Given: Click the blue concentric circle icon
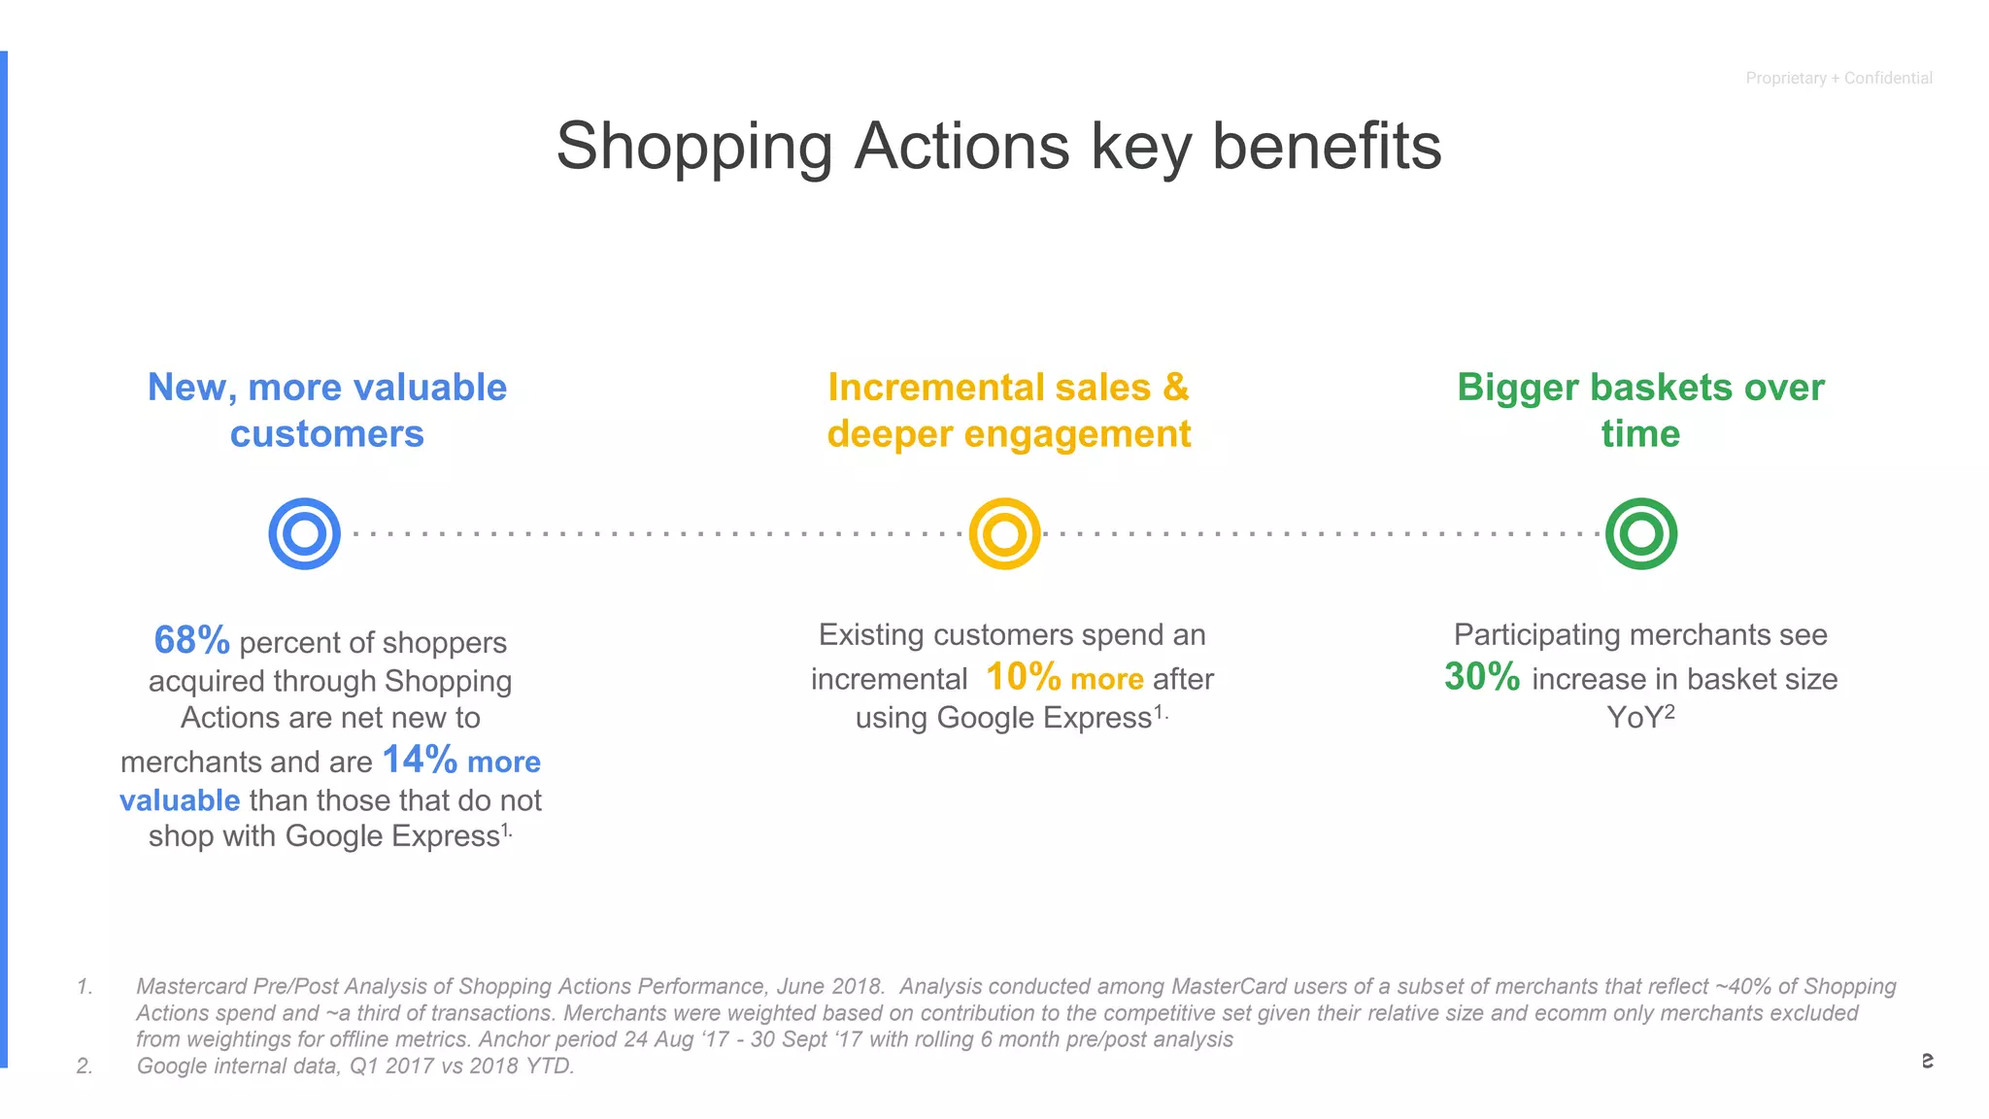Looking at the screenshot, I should pos(304,533).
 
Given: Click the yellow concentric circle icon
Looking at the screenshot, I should pos(1004,533).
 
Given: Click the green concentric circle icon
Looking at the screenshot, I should pos(1640,533).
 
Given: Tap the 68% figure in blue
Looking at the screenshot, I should pos(191,640).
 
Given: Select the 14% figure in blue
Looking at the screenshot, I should pos(420,760).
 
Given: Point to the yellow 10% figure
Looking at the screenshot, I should pos(1023,676).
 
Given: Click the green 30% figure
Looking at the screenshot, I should pos(1481,676).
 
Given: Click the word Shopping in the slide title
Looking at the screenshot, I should pos(693,147).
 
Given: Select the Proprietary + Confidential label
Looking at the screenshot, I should pos(1838,78).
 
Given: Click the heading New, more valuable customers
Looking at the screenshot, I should pos(327,410).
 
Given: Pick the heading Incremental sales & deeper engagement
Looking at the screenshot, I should pos(1008,410).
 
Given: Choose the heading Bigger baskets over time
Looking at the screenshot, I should pos(1640,410).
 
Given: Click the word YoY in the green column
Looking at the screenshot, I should pos(1635,718).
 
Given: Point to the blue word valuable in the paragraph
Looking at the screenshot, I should pos(180,800).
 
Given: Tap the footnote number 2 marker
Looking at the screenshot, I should pos(84,1066).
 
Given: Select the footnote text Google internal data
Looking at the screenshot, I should pos(239,1066).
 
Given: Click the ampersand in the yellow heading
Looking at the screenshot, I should pos(1175,387).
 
